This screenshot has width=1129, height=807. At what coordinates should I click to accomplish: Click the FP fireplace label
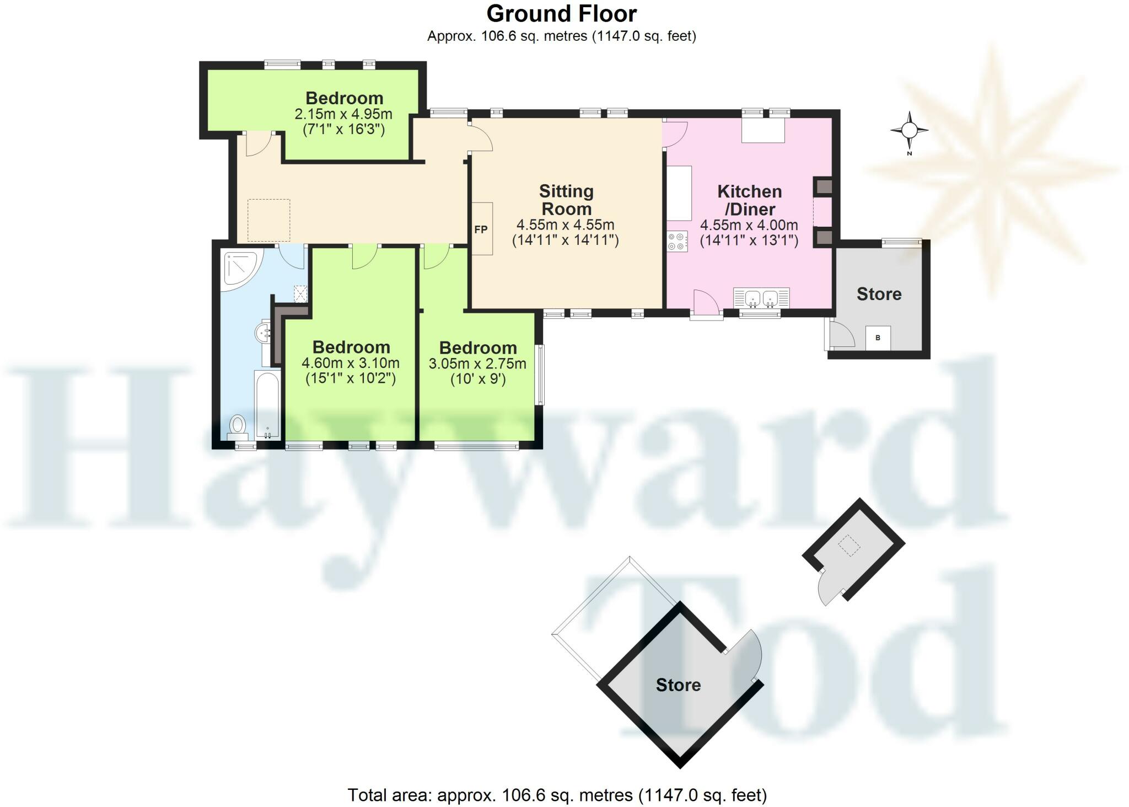[x=481, y=229]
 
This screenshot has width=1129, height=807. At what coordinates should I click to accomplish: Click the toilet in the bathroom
[x=238, y=425]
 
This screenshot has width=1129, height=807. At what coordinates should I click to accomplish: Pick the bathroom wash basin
[x=263, y=333]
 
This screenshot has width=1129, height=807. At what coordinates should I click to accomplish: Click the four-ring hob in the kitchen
[x=678, y=241]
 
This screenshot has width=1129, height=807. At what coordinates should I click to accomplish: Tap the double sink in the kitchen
[x=761, y=298]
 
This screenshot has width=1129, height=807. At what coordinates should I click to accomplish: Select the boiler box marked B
[x=878, y=338]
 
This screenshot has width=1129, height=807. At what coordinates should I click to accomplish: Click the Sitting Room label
[x=566, y=200]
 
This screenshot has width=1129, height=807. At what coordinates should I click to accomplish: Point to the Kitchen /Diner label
[x=749, y=200]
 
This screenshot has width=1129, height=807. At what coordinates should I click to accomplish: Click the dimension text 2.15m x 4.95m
[x=343, y=115]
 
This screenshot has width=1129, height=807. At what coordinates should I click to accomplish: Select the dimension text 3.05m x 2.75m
[x=477, y=364]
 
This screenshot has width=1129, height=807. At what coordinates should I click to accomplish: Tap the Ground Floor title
[x=561, y=14]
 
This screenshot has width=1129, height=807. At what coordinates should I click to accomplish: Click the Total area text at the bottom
[x=557, y=795]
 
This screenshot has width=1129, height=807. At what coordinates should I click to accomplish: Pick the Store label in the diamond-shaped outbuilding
[x=678, y=685]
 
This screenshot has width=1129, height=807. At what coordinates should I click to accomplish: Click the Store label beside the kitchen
[x=879, y=294]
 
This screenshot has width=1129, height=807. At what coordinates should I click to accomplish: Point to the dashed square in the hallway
[x=268, y=220]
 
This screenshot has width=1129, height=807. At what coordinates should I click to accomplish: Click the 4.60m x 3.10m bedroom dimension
[x=351, y=364]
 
